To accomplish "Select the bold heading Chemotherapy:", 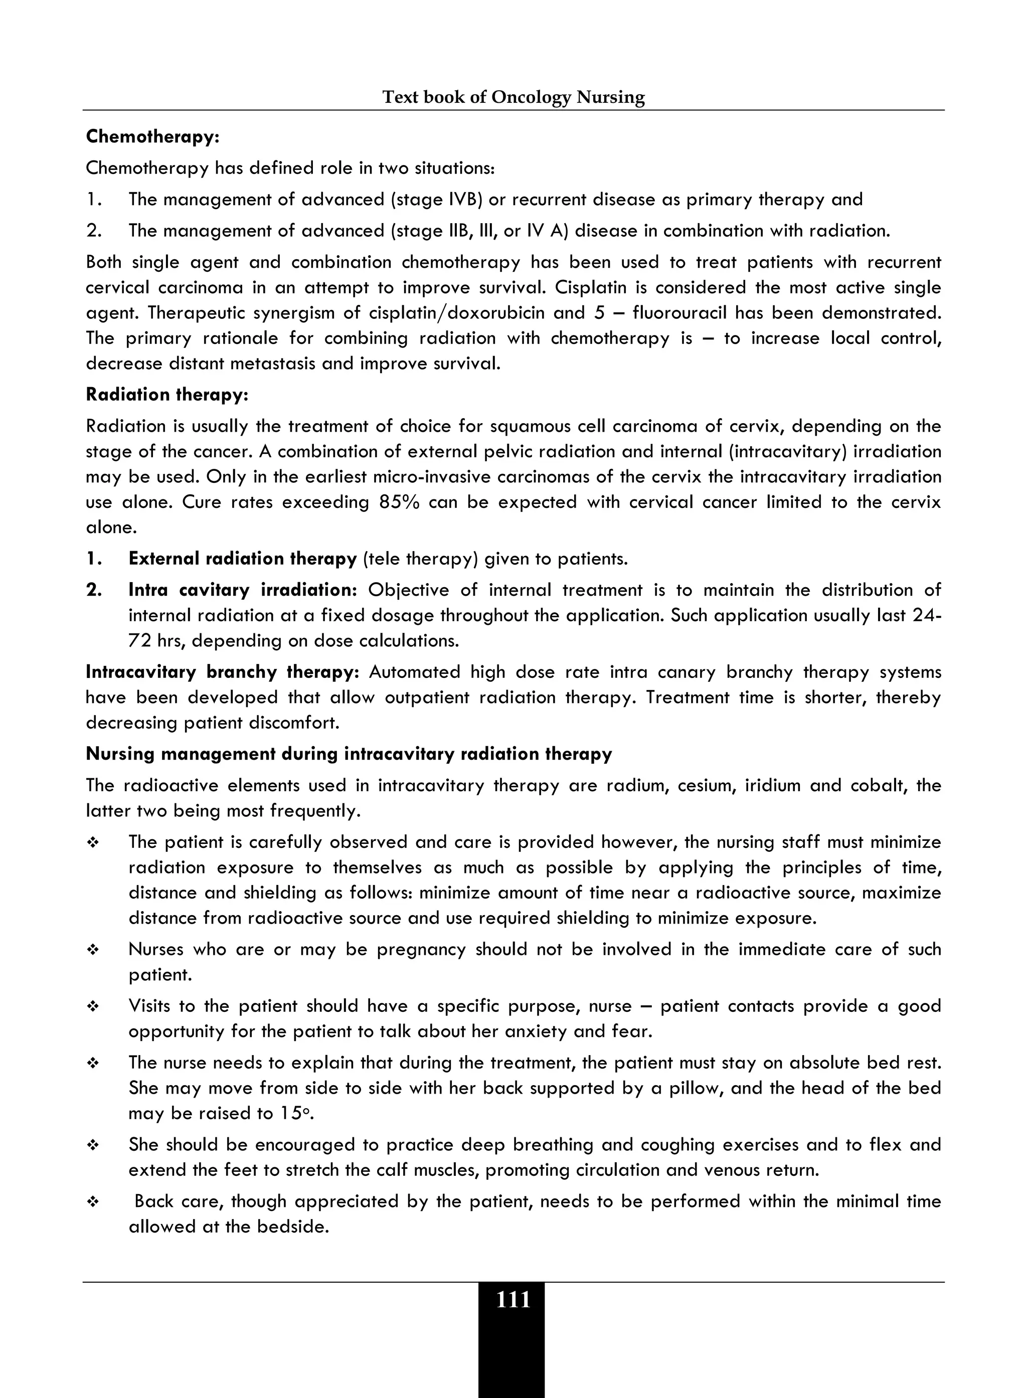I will [x=152, y=137].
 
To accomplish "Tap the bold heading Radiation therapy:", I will [x=166, y=395].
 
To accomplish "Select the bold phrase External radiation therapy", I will [x=242, y=559].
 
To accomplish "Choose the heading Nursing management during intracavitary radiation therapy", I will [x=348, y=754].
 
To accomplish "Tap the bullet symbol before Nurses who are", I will [x=93, y=950].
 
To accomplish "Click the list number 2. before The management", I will [x=94, y=231].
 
